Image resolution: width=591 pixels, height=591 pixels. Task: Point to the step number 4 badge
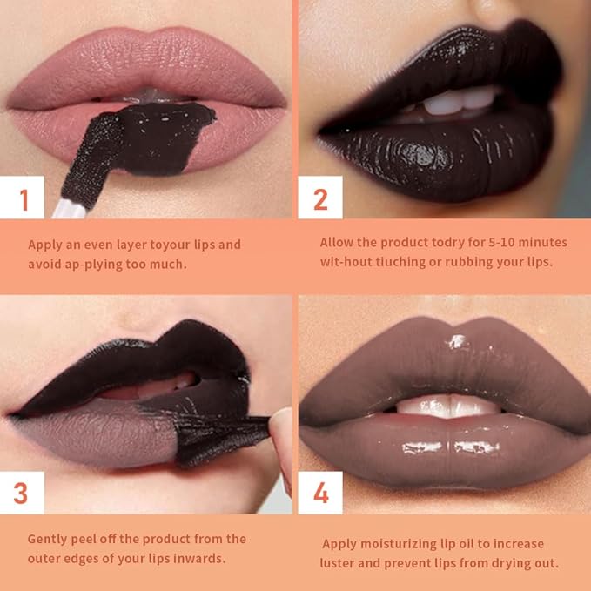(x=320, y=493)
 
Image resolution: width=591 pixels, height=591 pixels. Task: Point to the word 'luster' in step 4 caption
(x=339, y=562)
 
